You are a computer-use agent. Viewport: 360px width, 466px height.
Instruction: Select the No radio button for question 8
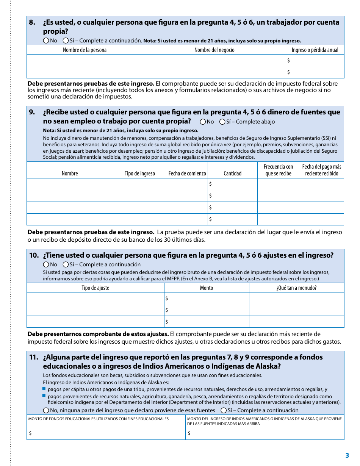tap(46, 41)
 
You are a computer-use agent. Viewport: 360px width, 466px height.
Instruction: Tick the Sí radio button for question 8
tap(66, 41)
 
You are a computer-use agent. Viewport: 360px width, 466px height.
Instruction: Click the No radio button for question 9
tap(203, 122)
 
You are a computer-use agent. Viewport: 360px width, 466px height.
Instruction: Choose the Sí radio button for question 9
tap(222, 122)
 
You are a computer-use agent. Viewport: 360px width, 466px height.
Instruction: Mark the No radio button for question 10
tap(46, 264)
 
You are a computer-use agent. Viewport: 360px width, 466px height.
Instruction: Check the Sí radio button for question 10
tap(66, 264)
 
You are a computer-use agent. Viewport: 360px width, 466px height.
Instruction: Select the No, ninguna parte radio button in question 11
tap(46, 410)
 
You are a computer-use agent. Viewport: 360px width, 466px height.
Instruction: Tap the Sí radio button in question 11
tap(224, 410)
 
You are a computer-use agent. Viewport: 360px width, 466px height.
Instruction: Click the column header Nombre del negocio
tap(214, 50)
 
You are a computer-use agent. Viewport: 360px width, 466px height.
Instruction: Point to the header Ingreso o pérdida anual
tap(315, 50)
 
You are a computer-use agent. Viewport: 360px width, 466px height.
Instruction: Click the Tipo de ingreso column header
tap(140, 174)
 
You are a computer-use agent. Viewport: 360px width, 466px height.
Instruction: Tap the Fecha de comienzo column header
tap(187, 174)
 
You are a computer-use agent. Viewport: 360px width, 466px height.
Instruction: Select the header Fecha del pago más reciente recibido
tap(322, 170)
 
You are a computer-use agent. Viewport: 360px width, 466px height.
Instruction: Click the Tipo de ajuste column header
tap(95, 288)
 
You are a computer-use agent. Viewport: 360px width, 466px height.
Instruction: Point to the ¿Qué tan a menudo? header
tap(296, 288)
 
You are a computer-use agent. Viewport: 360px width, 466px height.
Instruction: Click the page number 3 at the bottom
tap(347, 456)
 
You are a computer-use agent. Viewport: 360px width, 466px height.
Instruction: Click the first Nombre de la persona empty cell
tap(85, 61)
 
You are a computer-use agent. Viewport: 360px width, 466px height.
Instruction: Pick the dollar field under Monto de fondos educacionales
tap(106, 433)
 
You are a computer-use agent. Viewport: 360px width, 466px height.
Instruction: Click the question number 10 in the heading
tap(34, 255)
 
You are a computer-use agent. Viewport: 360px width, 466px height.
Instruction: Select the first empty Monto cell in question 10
tap(207, 299)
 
